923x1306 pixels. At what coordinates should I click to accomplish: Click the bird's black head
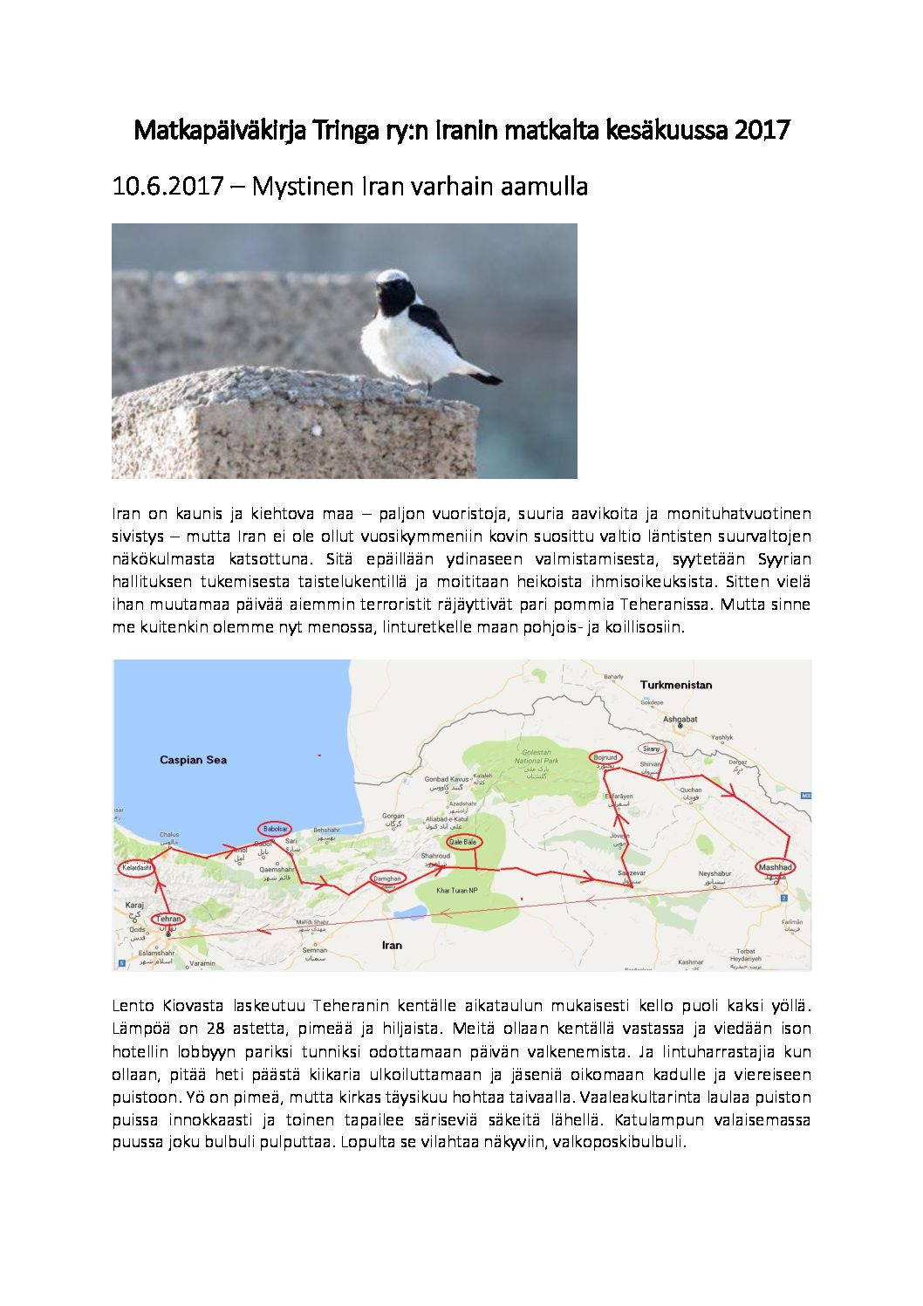coord(395,294)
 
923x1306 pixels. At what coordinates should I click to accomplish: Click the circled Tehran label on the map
coord(168,919)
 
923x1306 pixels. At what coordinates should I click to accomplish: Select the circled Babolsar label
coord(273,829)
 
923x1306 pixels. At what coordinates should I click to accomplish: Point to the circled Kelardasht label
coord(137,868)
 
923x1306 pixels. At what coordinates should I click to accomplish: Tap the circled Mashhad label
coord(775,867)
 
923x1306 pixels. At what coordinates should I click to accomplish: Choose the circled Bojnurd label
coord(605,757)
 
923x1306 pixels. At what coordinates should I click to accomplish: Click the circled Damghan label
coord(386,879)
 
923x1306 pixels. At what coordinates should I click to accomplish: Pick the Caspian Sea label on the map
coord(193,760)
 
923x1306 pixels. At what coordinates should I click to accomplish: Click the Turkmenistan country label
coord(676,685)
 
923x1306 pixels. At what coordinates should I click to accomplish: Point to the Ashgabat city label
coord(680,719)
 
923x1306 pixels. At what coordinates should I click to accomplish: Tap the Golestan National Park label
coord(537,756)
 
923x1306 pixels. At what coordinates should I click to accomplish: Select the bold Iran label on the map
coord(392,945)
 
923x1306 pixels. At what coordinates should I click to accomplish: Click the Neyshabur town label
coord(714,873)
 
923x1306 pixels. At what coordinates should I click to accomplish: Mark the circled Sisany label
coord(651,749)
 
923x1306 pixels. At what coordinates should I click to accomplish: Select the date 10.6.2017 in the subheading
coord(168,186)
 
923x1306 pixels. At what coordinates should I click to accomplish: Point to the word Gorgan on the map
coord(393,817)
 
